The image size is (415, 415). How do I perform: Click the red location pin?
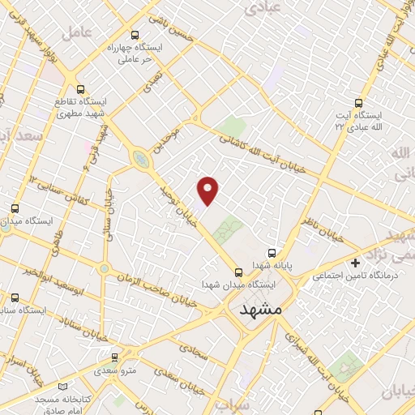pos(208,190)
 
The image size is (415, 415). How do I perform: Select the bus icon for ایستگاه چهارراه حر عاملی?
pos(135,34)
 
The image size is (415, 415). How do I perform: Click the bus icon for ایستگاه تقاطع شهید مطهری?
pos(79,89)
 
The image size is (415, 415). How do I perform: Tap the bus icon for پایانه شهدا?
pos(272,252)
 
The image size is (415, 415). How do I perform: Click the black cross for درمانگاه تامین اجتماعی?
pos(355,263)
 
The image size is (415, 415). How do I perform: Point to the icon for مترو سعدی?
pos(114,356)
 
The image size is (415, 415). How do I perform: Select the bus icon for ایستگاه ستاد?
pos(15,297)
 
